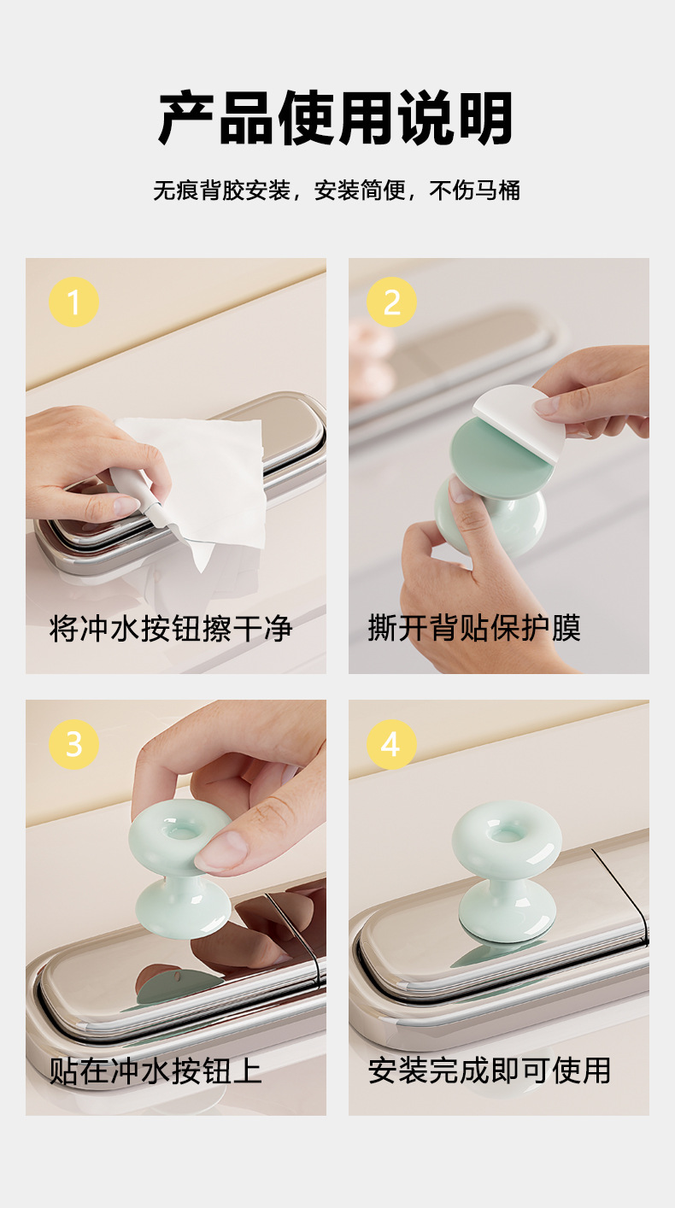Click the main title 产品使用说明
tap(336, 118)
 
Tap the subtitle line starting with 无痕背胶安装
tap(337, 191)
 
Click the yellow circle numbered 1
tap(74, 302)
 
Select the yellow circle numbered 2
tap(391, 302)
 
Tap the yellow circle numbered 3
tap(74, 744)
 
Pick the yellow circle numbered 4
tap(391, 744)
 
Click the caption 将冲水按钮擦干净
tap(171, 628)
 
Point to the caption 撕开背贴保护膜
tap(474, 628)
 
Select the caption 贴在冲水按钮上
tap(156, 1071)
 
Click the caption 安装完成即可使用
tap(490, 1070)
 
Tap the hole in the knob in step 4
tap(506, 836)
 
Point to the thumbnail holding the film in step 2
tap(547, 405)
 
